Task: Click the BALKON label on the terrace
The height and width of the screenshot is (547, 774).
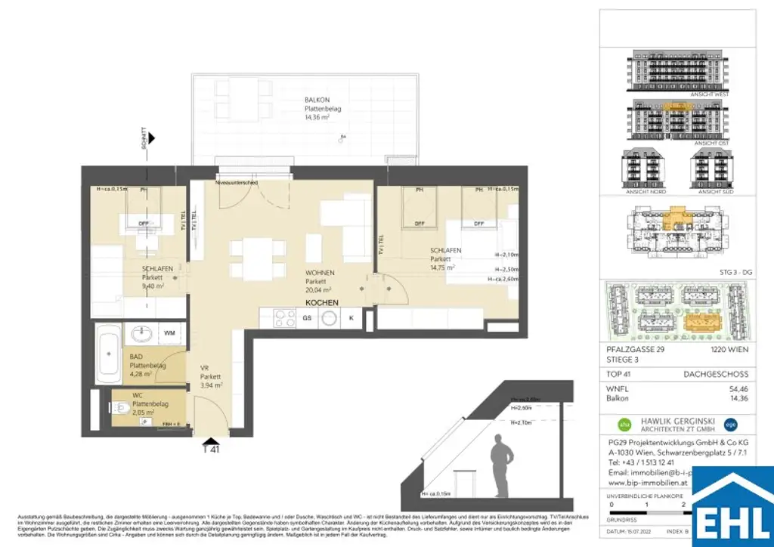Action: point(316,99)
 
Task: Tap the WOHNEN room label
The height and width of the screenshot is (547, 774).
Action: point(320,273)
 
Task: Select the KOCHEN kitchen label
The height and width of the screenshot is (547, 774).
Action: point(321,302)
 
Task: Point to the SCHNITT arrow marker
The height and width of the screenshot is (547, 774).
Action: point(152,138)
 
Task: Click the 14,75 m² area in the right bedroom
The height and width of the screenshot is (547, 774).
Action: point(442,267)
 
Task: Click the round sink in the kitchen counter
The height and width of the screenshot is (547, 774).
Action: point(328,318)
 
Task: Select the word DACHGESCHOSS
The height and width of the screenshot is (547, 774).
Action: point(725,373)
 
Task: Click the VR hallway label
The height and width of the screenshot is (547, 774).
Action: point(205,368)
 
